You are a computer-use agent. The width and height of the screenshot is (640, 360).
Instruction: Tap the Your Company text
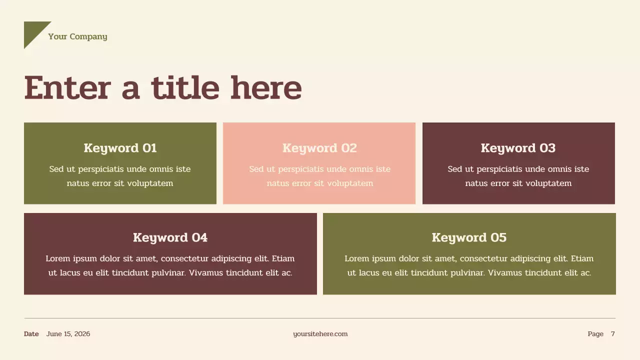77,36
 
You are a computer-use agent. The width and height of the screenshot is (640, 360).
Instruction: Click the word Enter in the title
66,88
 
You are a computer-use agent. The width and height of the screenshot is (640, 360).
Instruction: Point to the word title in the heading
185,88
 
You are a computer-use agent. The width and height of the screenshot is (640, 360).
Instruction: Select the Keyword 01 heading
120,148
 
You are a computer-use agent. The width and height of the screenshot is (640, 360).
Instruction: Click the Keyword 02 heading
319,148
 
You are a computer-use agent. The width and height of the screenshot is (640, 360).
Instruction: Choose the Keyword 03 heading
518,148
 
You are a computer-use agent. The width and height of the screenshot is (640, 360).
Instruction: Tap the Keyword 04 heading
170,237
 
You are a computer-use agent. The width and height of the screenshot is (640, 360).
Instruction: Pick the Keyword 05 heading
469,237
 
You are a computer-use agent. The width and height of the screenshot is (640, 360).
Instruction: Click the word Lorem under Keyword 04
58,258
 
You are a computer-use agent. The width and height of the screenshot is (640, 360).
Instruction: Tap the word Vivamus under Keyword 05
505,273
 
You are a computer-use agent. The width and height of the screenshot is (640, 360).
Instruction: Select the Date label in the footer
31,334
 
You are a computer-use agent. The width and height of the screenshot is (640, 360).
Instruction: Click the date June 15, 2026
68,334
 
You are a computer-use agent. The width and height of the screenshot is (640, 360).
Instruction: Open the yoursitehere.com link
320,334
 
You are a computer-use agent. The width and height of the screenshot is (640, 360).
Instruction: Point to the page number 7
613,334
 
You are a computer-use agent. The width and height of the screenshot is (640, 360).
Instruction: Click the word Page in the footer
595,334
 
